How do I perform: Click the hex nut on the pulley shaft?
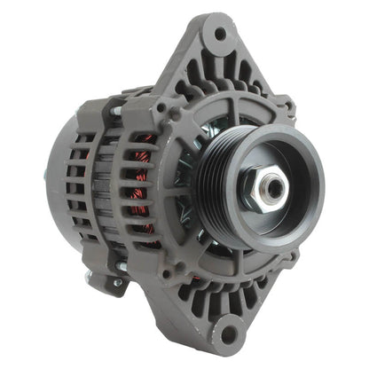pyautogui.click(x=271, y=184)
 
